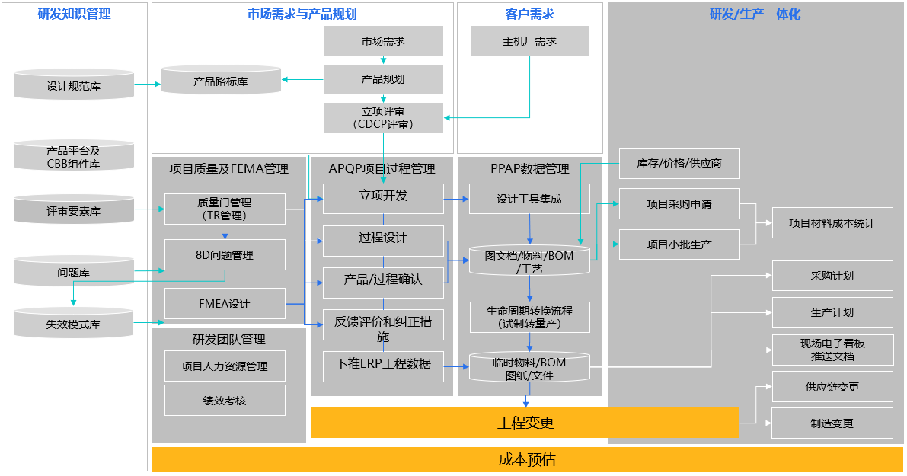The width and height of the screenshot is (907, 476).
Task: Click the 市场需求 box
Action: click(383, 41)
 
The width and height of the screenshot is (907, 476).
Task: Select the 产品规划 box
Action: click(383, 79)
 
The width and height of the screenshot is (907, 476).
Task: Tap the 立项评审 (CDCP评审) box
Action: click(383, 117)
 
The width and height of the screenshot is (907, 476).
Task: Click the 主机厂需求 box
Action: click(529, 41)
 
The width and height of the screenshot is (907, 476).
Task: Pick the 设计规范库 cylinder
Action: click(74, 85)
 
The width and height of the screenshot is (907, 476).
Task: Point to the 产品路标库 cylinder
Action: click(221, 81)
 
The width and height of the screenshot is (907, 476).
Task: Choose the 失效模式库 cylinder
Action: click(74, 323)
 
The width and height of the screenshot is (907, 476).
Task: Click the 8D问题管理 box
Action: click(225, 255)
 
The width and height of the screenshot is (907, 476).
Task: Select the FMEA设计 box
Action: click(225, 304)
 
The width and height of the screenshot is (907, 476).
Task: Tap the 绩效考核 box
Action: click(225, 400)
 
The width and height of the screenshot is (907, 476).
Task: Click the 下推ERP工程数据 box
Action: click(383, 364)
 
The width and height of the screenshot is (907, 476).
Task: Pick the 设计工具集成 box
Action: click(529, 199)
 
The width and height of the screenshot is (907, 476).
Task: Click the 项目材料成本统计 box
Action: click(832, 223)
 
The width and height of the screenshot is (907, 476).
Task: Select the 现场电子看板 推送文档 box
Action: click(832, 350)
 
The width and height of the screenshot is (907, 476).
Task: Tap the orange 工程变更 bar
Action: click(525, 423)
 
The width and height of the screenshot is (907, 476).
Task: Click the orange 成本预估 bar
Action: click(527, 459)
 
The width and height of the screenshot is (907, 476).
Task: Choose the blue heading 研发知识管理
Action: click(74, 14)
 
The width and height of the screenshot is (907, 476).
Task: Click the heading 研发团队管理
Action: click(228, 339)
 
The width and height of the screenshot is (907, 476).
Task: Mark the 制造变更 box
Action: click(832, 423)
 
